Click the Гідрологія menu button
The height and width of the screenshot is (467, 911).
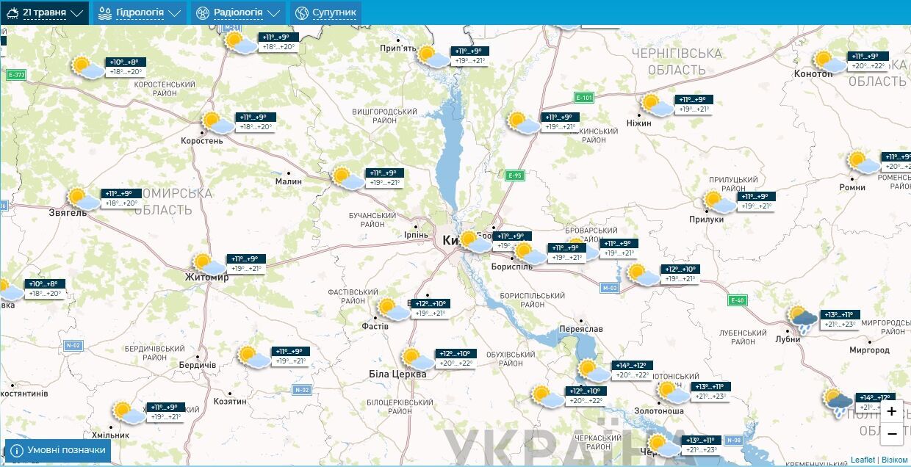140,12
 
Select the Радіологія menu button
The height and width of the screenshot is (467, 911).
238,12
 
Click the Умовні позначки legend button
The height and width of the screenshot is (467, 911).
58,450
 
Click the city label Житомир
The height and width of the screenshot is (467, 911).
206,278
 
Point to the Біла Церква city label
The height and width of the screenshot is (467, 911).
397,374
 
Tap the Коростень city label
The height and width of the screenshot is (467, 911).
202,140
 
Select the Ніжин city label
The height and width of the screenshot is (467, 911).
639,123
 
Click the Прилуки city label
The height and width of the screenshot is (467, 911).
706,219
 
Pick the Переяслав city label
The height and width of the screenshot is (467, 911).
580,329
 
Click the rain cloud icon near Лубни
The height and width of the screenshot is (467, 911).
803,319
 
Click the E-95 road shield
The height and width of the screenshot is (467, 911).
514,175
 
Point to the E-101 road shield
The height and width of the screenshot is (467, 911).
583,97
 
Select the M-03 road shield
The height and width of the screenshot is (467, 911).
609,287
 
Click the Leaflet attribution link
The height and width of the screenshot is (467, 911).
863,460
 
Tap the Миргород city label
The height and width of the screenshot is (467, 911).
869,350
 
